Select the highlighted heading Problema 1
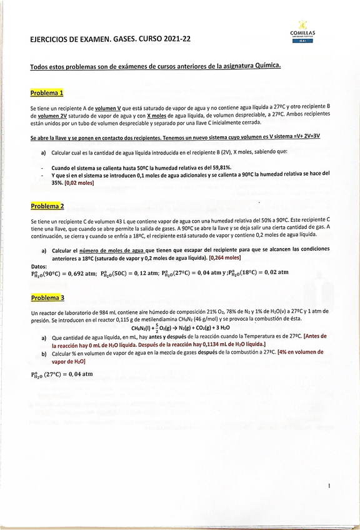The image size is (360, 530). pos(47,93)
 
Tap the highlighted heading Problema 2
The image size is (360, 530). pos(47,206)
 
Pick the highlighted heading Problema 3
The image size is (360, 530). pos(47,297)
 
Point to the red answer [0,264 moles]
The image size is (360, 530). pos(227,257)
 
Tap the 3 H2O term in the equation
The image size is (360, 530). pos(221,327)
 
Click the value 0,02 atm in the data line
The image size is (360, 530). pos(276,272)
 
